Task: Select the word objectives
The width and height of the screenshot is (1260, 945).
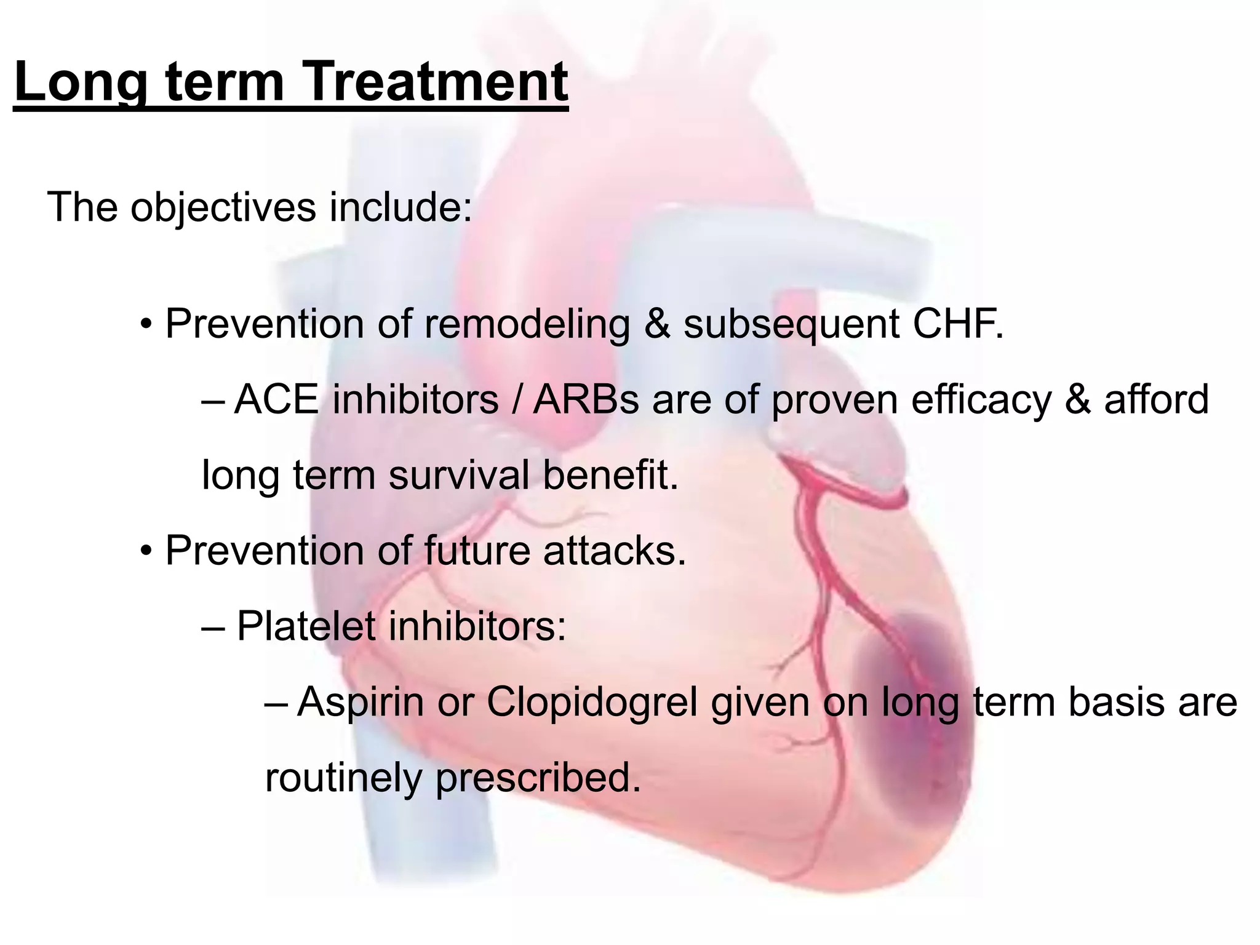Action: click(223, 207)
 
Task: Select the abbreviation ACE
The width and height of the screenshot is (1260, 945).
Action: click(276, 399)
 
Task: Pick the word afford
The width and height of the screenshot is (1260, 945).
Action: click(1156, 399)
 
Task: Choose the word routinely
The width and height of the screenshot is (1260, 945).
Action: click(343, 778)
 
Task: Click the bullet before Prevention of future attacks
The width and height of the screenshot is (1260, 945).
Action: click(145, 551)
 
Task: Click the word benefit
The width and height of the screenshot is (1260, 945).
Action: click(610, 475)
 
